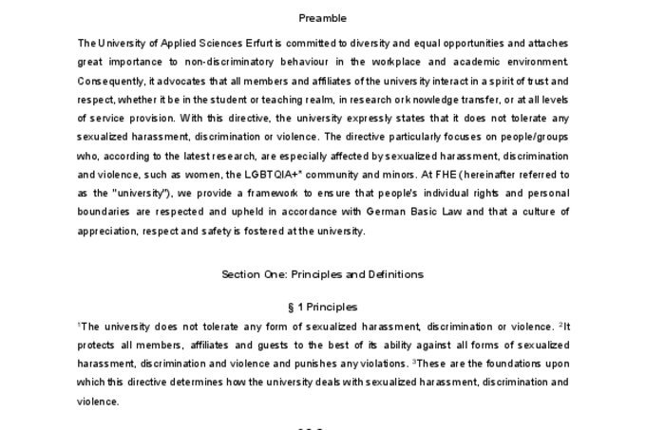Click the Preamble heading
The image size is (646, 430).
[322, 17]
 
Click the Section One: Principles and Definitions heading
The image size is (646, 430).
[322, 274]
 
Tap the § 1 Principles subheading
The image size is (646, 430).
[322, 307]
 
